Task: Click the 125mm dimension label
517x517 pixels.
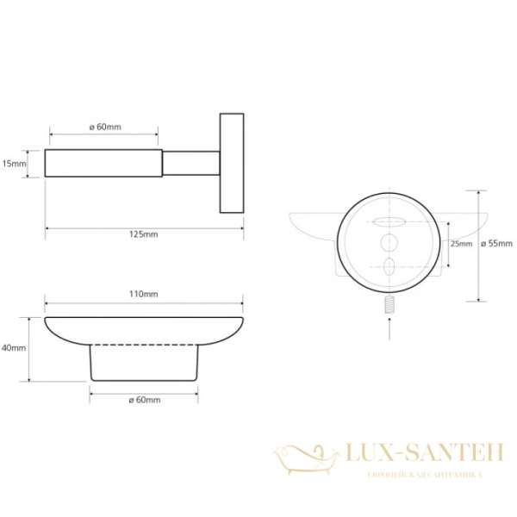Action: (143, 234)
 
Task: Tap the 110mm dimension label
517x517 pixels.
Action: (143, 294)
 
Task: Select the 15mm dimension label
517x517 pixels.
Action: (14, 163)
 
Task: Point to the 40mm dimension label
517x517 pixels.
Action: (14, 348)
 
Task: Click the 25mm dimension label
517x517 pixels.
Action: (461, 244)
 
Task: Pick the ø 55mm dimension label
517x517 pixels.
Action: (497, 244)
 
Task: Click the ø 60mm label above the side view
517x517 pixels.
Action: (105, 127)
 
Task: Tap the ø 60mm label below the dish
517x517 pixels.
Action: (145, 400)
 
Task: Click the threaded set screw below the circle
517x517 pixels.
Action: (389, 304)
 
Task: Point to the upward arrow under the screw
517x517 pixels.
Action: (389, 329)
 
